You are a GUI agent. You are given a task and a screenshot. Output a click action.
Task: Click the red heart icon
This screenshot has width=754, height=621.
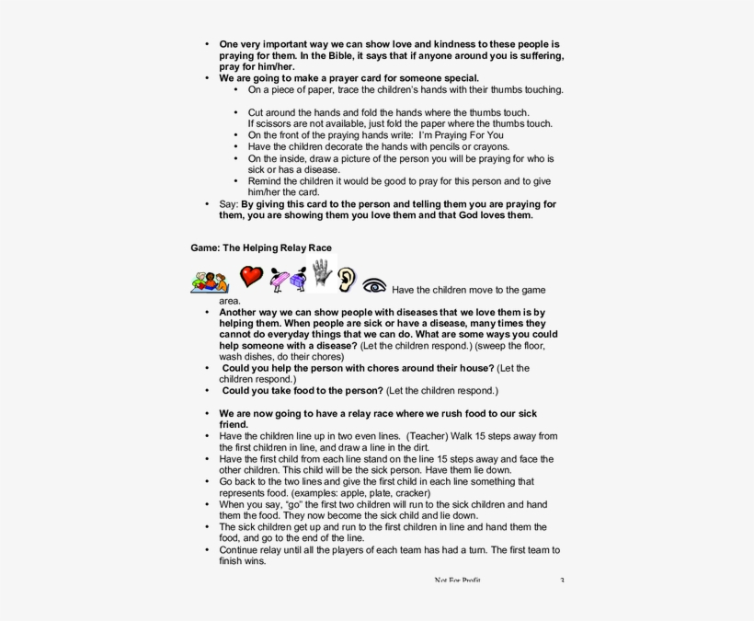tap(251, 276)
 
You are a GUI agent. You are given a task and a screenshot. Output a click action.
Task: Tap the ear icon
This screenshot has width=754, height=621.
tap(346, 279)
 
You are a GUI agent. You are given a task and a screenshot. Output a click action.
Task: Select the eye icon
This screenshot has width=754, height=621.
tap(374, 285)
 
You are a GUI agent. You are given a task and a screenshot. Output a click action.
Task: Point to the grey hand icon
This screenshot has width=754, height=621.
tap(321, 271)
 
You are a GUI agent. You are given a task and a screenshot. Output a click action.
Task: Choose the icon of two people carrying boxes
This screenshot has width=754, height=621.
tap(288, 279)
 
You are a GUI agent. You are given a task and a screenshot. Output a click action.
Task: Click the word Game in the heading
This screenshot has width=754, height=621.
tap(204, 248)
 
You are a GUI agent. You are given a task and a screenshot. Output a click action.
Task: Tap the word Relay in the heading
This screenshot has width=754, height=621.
tap(291, 248)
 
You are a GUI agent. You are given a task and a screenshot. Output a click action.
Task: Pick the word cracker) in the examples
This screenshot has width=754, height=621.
tap(410, 493)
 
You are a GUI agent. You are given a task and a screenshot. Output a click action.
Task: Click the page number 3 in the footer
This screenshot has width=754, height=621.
tap(562, 581)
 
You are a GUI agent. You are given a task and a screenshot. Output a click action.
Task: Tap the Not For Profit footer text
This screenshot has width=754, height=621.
tap(457, 581)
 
